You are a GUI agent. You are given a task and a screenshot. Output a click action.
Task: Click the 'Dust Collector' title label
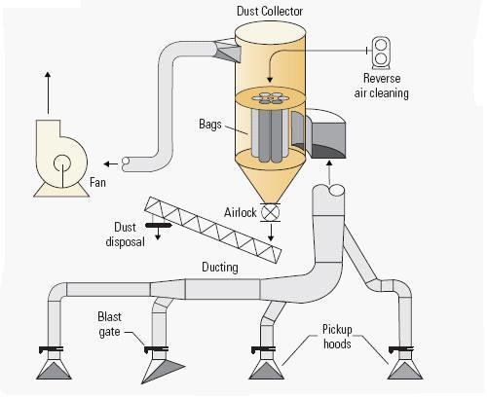coord(270,12)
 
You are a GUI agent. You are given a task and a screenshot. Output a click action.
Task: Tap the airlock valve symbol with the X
coord(270,213)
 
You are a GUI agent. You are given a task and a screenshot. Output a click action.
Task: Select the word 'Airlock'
coord(241,213)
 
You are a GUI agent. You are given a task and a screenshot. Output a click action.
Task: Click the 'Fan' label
coord(97,182)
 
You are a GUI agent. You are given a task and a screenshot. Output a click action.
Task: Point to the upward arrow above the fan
coord(48,92)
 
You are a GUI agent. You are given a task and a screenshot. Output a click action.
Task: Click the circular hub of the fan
coord(62,163)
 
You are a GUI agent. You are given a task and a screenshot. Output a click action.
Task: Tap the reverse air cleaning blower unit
coord(381,53)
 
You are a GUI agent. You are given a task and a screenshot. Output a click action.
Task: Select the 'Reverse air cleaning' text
coord(382,86)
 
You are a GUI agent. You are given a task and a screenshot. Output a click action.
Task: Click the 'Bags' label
coord(210,125)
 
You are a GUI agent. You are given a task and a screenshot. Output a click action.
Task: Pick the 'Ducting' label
coord(220,268)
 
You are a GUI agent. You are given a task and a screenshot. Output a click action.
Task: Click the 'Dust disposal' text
coord(125,235)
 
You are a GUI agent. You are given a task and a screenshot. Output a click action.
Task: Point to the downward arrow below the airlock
coord(271,233)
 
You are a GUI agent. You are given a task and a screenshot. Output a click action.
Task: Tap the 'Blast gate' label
coord(109,324)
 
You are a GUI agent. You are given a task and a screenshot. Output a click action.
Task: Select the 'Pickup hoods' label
coord(337,337)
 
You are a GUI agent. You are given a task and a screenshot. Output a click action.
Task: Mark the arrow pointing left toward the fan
coord(111,163)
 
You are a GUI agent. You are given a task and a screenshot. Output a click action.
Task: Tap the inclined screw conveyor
coord(212,230)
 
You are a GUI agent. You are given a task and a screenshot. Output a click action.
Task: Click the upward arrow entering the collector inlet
coord(329,172)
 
